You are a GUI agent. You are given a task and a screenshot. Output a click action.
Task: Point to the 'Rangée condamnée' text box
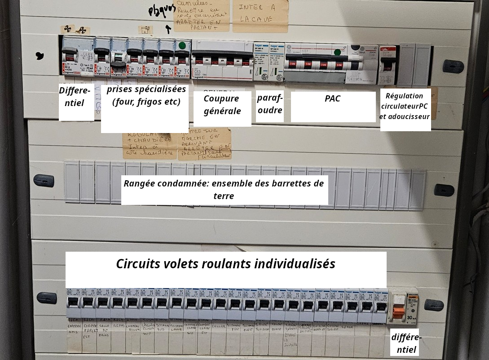pyautogui.click(x=224, y=190)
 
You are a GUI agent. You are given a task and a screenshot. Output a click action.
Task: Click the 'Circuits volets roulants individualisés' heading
pyautogui.click(x=225, y=264)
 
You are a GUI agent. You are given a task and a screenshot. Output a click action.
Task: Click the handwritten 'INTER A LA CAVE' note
pyautogui.click(x=260, y=13)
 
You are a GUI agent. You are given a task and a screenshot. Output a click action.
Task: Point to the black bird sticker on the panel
pyautogui.click(x=40, y=56)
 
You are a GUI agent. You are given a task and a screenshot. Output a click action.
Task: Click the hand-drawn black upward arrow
pyautogui.click(x=168, y=29)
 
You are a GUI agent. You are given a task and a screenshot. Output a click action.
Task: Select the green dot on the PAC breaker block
pyautogui.click(x=338, y=52)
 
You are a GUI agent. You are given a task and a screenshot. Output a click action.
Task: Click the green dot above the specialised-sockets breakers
pyautogui.click(x=182, y=45)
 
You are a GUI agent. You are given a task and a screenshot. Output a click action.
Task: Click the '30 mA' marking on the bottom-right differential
pyautogui.click(x=412, y=318)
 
